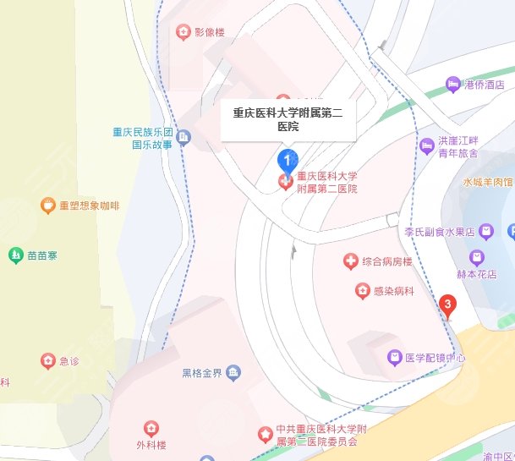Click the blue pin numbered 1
click(288, 159)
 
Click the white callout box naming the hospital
click(288, 119)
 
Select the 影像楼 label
click(210, 33)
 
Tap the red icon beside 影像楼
click(183, 33)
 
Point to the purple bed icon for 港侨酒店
click(454, 84)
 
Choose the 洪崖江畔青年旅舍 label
click(457, 147)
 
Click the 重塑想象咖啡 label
click(89, 206)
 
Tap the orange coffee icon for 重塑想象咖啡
click(48, 206)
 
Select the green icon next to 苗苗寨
click(14, 254)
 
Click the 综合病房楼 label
click(386, 262)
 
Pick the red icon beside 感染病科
click(361, 291)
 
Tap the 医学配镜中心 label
click(436, 358)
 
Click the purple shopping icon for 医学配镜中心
click(394, 358)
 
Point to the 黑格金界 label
click(201, 373)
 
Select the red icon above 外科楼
click(151, 429)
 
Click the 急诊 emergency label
click(68, 361)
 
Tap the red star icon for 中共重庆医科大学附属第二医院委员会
click(265, 435)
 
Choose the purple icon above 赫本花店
click(478, 256)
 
